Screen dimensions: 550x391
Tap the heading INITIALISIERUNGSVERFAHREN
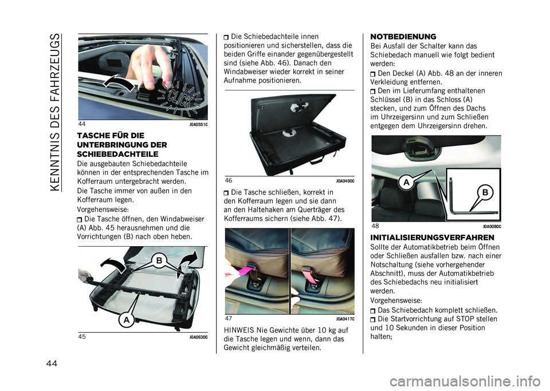[432, 238]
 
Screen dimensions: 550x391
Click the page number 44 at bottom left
[51, 364]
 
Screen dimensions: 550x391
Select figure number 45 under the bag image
[82, 337]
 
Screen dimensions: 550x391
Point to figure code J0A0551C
[199, 124]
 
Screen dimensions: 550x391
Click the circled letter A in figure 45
[126, 320]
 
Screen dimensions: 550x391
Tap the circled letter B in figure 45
[159, 260]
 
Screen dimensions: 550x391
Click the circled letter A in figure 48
[406, 182]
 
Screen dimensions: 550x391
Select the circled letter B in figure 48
[485, 192]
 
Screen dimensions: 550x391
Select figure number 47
[229, 318]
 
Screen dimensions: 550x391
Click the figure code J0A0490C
[345, 181]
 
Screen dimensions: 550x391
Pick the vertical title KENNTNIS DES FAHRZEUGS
[55, 112]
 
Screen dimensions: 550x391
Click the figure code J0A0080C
[492, 227]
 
